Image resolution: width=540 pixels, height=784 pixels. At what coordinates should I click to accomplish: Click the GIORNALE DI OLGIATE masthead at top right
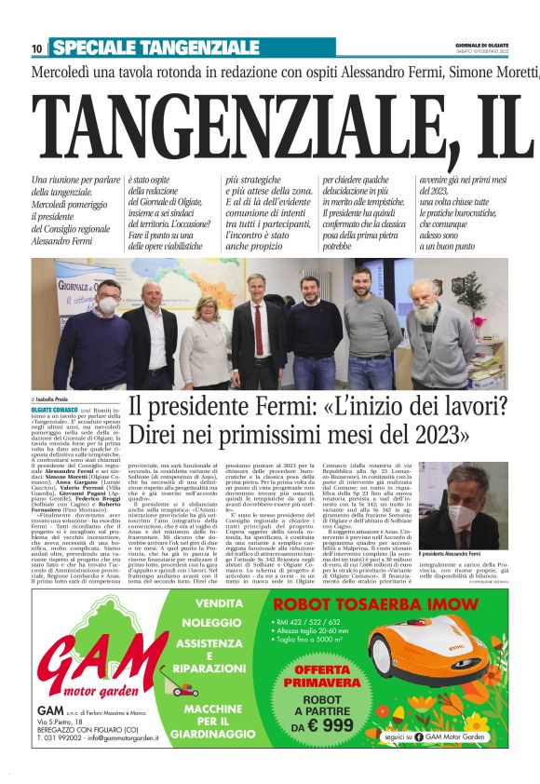point(481,43)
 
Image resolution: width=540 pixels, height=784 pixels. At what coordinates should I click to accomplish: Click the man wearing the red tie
point(258,331)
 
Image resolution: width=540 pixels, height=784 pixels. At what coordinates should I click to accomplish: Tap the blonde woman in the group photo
point(205,335)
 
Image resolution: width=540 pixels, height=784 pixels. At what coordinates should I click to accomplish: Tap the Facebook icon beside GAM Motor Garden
point(426,763)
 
